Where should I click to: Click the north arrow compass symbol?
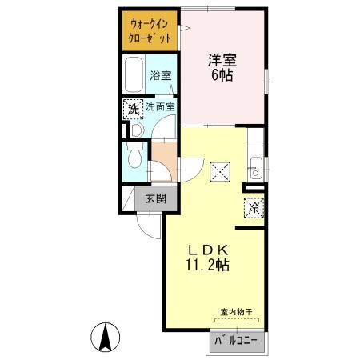pos(105,338)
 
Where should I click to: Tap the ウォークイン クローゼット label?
pos(150,31)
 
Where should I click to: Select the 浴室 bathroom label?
pos(160,76)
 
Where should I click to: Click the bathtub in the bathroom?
pos(134,74)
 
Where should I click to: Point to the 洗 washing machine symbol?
pos(134,110)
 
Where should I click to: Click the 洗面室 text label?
pos(160,107)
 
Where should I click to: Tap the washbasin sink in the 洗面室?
pos(137,130)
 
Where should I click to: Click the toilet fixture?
pos(135,155)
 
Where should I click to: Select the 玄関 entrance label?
pos(156,198)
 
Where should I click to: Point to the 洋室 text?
pos(222,60)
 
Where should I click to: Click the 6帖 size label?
pos(222,75)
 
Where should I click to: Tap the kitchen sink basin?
pos(256,168)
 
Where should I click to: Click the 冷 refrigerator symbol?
pos(254,208)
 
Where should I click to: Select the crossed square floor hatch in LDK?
pos(220,172)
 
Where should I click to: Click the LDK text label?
pos(208,250)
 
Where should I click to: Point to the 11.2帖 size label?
pos(207,265)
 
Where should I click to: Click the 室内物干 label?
pos(236,312)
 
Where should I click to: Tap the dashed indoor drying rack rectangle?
pos(237,320)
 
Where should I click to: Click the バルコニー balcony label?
pos(236,341)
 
